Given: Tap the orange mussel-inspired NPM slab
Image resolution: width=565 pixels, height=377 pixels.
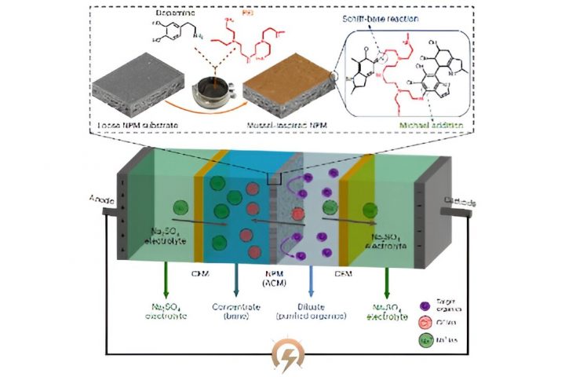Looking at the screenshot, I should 279,93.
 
